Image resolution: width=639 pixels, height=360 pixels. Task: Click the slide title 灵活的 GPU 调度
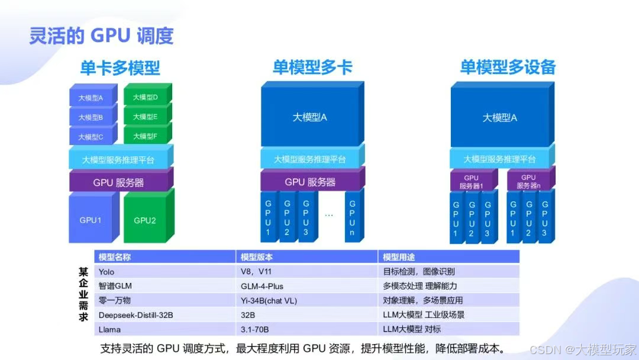(x=101, y=36)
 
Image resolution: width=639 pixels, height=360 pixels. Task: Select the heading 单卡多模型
(x=120, y=68)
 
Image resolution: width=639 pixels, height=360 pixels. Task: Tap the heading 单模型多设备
(x=508, y=67)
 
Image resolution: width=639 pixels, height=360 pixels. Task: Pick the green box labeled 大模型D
(x=146, y=97)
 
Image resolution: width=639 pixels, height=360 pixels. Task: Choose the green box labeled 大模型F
(x=146, y=136)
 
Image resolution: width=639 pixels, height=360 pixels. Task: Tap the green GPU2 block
(x=146, y=220)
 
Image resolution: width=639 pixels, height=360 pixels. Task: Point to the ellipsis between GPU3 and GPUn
(x=329, y=215)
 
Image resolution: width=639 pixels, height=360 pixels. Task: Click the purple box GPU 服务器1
(x=471, y=182)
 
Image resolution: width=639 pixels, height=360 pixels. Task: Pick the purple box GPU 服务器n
(x=528, y=182)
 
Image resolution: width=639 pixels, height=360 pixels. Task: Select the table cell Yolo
(x=107, y=272)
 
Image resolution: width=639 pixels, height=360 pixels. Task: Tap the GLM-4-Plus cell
(x=262, y=286)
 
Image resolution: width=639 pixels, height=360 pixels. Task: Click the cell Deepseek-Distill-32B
(x=136, y=315)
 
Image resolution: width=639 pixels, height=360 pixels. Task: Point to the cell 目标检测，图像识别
(x=419, y=272)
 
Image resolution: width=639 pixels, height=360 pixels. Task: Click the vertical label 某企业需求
(x=83, y=294)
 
